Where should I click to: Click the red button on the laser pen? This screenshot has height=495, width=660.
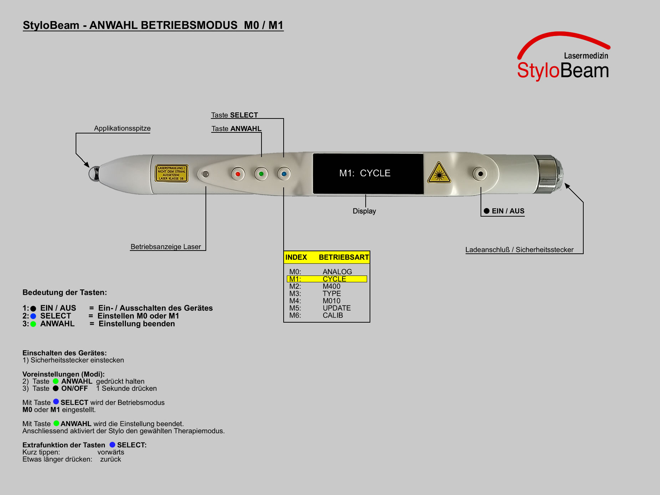pyautogui.click(x=238, y=174)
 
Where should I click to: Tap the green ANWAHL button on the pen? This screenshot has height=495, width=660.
pyautogui.click(x=261, y=174)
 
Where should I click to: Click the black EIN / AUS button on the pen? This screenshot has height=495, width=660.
pyautogui.click(x=480, y=174)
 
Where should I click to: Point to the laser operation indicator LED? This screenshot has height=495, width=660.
pyautogui.click(x=205, y=174)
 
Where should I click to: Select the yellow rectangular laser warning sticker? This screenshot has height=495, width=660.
pyautogui.click(x=172, y=173)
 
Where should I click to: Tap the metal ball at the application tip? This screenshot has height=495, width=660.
pyautogui.click(x=94, y=173)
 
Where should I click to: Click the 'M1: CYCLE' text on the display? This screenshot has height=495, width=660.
pyautogui.click(x=365, y=173)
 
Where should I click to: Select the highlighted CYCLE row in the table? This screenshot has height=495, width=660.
pyautogui.click(x=327, y=279)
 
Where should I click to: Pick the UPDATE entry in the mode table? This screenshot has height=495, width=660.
pyautogui.click(x=337, y=308)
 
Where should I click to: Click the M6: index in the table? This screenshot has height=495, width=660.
pyautogui.click(x=295, y=315)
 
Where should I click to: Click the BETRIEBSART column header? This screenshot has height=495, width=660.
pyautogui.click(x=344, y=257)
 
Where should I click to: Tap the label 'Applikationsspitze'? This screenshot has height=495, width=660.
pyautogui.click(x=122, y=128)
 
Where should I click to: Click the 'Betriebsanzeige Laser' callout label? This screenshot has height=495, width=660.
pyautogui.click(x=166, y=247)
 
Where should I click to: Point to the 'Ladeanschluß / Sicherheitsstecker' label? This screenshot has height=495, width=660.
pyautogui.click(x=519, y=250)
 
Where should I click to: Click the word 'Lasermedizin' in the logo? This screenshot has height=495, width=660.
pyautogui.click(x=586, y=56)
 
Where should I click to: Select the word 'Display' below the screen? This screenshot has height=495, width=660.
pyautogui.click(x=364, y=211)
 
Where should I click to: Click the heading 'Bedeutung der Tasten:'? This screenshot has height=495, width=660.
pyautogui.click(x=65, y=293)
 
